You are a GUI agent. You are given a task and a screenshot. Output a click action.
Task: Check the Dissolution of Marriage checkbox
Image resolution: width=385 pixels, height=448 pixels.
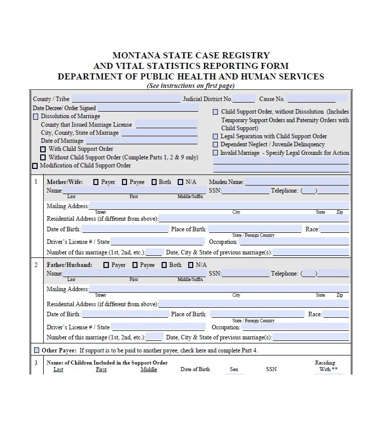coord(36,117)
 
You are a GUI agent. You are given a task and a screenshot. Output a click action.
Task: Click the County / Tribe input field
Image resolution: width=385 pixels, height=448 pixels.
coord(125,99)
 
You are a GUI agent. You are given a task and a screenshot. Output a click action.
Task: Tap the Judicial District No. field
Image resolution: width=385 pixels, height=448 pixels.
coord(244,99)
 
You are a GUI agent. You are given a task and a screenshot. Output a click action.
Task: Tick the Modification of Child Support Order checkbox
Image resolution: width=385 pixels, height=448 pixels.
coord(35,166)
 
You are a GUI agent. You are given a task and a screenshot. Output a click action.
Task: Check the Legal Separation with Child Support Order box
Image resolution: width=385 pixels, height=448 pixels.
coord(216,136)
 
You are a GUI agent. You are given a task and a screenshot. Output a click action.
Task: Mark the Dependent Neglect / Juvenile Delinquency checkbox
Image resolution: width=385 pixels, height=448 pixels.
coord(216,145)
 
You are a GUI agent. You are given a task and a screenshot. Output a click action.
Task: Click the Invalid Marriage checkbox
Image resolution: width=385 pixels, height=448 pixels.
coord(216,153)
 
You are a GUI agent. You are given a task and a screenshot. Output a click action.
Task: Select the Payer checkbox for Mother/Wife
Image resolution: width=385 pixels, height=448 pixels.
coord(96,183)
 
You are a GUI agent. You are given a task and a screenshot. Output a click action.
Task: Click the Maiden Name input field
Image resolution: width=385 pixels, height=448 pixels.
coord(297,182)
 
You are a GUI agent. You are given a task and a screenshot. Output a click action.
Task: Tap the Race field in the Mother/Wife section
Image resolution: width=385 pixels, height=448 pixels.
coord(334,229)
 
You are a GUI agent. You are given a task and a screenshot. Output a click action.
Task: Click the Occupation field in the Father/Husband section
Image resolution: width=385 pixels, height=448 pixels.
coord(295,327)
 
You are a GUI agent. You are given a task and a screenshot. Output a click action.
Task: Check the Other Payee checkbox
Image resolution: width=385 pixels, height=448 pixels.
coord(37,350)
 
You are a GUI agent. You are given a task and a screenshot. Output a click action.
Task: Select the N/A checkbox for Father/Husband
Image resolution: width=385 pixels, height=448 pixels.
coord(191,265)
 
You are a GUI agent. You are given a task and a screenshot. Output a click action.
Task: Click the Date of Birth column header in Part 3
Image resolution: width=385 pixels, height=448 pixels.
coord(195,369)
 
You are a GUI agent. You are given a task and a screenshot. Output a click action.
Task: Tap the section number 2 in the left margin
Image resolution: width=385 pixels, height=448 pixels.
coord(36,265)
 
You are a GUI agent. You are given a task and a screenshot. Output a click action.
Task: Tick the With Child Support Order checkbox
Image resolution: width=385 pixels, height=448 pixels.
coord(43,149)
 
